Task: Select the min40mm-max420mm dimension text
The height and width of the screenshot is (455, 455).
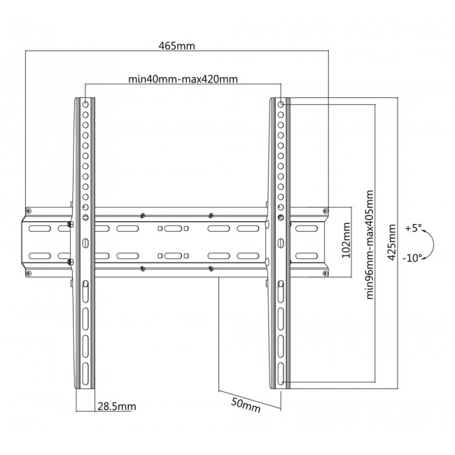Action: coord(183,79)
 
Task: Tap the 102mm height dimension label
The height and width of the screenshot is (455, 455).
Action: coord(345,241)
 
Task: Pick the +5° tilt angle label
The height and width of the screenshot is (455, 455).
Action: coord(414,228)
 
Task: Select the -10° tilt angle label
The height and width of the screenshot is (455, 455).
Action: coord(412,257)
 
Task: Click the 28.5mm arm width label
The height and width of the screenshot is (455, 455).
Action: coord(116,407)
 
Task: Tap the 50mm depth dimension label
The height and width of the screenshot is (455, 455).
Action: coord(246,405)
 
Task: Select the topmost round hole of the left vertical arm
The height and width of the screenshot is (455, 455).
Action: coord(85,104)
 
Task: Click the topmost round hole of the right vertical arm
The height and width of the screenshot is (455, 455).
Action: coord(281,104)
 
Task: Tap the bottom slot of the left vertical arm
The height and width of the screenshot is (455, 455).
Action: coord(85,372)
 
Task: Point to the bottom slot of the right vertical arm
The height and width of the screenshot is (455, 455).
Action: coord(281,372)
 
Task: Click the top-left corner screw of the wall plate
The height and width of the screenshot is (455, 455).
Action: coord(29,210)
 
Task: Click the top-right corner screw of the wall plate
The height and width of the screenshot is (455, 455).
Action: coord(323,210)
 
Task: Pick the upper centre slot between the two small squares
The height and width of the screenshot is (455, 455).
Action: coord(175,229)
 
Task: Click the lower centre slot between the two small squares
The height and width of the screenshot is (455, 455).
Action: coord(175,255)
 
